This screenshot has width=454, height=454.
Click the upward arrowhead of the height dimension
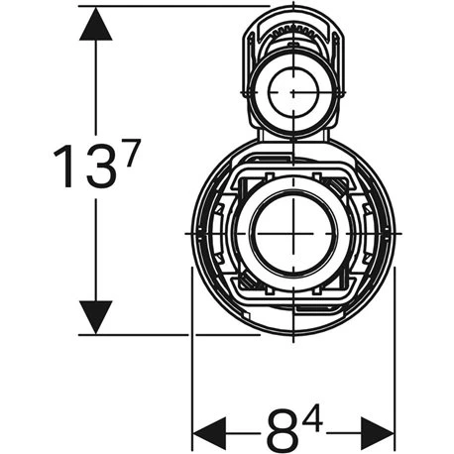[x=95, y=25]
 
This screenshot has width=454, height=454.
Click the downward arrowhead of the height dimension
[x=95, y=316]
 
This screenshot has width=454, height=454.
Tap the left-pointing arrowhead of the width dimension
[x=209, y=432]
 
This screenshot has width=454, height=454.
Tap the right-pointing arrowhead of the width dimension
[x=378, y=432]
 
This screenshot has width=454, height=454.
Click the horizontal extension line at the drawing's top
[x=178, y=6]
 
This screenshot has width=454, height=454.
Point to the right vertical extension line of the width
[x=395, y=377]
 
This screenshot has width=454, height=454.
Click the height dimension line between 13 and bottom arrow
[x=95, y=248]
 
